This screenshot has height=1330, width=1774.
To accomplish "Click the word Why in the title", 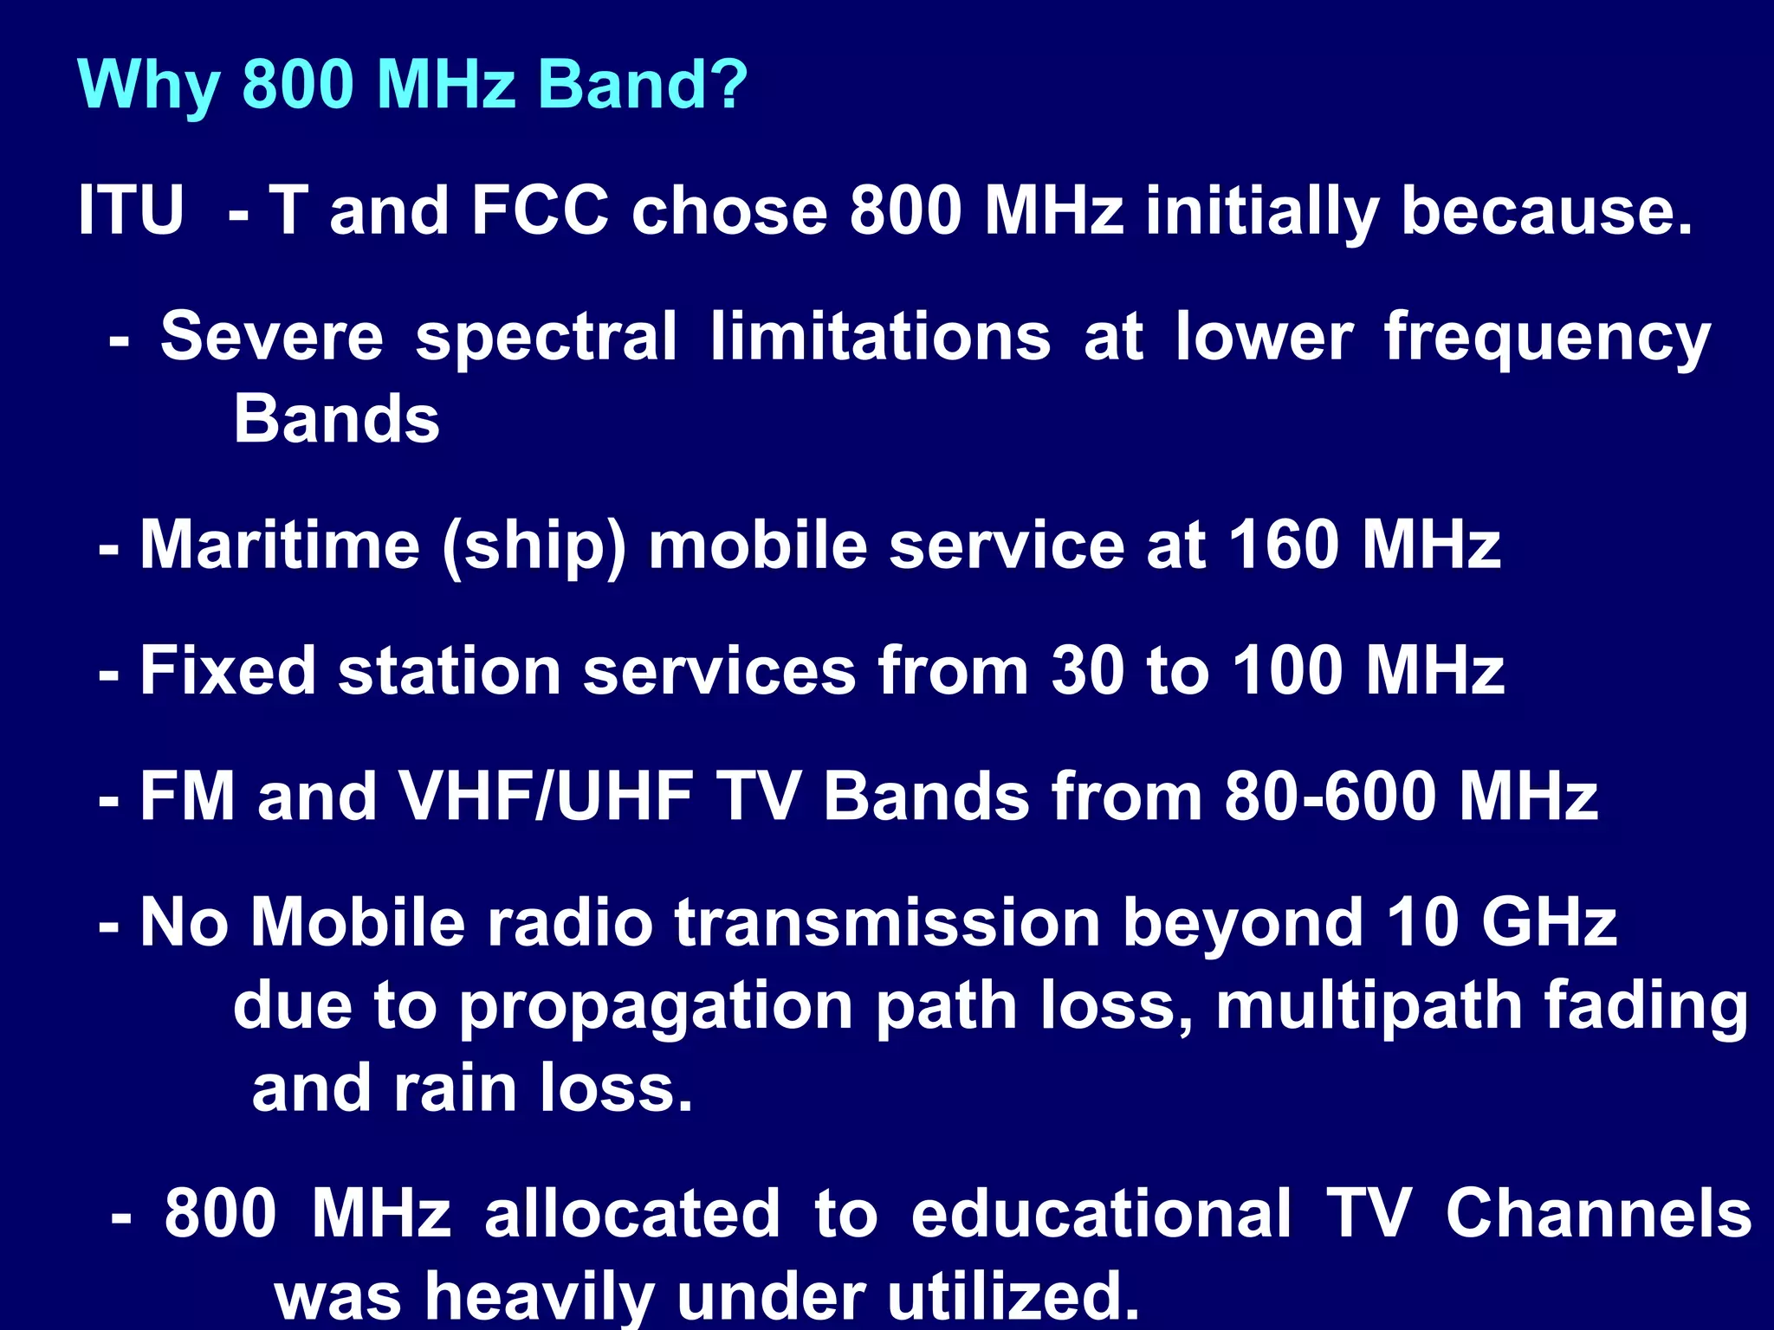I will click(148, 87).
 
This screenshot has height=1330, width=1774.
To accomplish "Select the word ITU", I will click(131, 210).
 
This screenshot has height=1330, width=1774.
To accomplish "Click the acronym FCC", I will click(540, 210).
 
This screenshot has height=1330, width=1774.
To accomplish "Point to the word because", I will click(1546, 210).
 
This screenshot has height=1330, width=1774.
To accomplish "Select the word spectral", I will click(546, 338).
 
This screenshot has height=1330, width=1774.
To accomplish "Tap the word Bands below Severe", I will click(337, 419).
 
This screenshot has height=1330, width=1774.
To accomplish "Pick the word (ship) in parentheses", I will click(534, 546).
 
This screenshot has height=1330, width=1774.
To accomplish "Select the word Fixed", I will click(228, 670).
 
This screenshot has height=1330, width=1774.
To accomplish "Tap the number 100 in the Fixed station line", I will click(1287, 670).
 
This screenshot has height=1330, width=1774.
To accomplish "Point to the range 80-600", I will click(1330, 796).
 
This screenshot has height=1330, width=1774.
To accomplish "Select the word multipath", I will click(1369, 1006).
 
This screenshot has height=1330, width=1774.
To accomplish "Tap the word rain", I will click(456, 1088).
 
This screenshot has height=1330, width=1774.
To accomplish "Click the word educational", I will click(1101, 1214).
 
